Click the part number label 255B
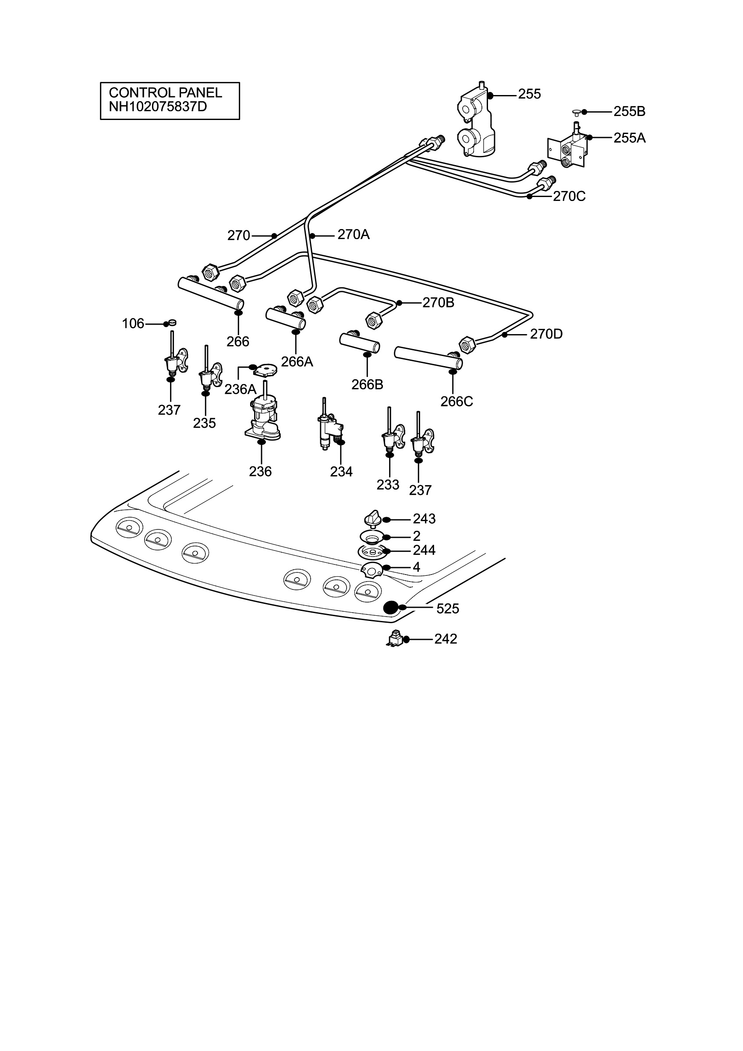pos(630,111)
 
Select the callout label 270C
pos(569,196)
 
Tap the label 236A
pos(241,389)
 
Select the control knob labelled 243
pos(373,519)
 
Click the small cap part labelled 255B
pos(577,111)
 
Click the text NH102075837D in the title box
pos(158,107)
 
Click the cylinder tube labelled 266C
pos(428,358)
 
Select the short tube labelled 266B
pos(359,343)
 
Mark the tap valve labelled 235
pos(209,371)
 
